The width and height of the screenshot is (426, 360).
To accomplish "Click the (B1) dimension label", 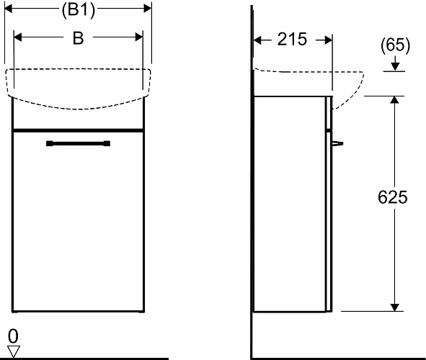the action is pyautogui.click(x=79, y=11).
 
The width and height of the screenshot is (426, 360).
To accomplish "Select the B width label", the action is pyautogui.click(x=79, y=38).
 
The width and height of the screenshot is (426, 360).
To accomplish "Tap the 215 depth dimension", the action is pyautogui.click(x=292, y=39).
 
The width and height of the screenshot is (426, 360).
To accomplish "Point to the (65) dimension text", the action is pyautogui.click(x=395, y=45).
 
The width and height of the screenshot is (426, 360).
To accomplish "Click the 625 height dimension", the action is pyautogui.click(x=393, y=197).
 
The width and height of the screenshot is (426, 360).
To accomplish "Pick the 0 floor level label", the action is pyautogui.click(x=13, y=336).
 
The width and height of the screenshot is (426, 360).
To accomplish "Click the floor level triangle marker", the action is pyautogui.click(x=13, y=351).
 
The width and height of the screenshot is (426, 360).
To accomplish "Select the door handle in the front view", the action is pyautogui.click(x=79, y=143).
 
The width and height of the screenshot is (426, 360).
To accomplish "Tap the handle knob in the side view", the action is pyautogui.click(x=337, y=143).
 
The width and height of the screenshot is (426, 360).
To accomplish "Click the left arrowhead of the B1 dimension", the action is pyautogui.click(x=9, y=9).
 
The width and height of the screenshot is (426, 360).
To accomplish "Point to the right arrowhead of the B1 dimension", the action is pyautogui.click(x=148, y=9).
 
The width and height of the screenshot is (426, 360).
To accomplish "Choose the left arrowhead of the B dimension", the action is pyautogui.click(x=17, y=37).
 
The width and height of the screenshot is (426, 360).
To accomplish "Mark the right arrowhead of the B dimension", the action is pyautogui.click(x=139, y=37).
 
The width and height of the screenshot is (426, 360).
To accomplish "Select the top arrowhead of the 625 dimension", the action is pyautogui.click(x=394, y=100).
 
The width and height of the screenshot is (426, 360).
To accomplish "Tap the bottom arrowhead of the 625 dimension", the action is pyautogui.click(x=394, y=307).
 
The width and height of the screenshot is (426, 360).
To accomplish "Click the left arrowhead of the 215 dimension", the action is pyautogui.click(x=257, y=40).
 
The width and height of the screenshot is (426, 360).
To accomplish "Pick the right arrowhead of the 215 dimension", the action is pyautogui.click(x=328, y=40).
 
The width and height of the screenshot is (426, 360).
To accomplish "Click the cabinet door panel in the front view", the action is pyautogui.click(x=79, y=221).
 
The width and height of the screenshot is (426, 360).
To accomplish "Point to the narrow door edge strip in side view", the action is pyautogui.click(x=329, y=221).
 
